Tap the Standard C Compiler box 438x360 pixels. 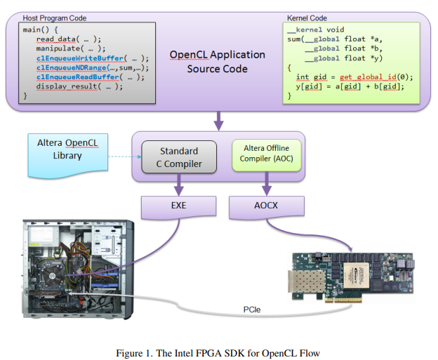(x=179, y=157)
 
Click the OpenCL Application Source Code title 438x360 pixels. (x=218, y=62)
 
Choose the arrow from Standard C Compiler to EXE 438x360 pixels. (x=179, y=184)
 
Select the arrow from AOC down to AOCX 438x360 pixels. (x=266, y=184)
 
